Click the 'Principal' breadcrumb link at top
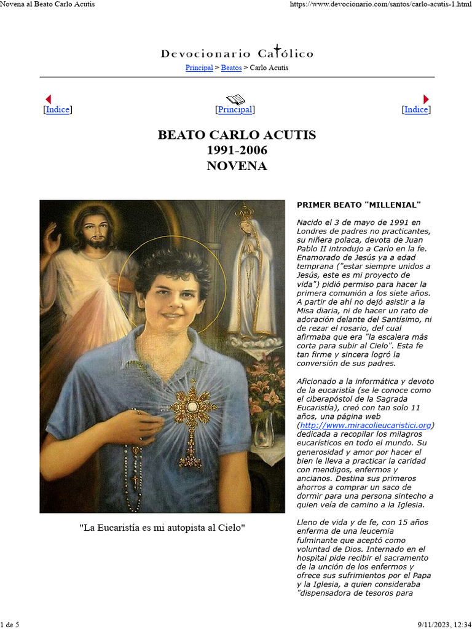click(x=199, y=68)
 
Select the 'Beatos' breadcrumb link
click(x=231, y=68)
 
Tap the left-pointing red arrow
click(x=49, y=99)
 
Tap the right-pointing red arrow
click(x=426, y=99)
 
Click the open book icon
click(x=235, y=99)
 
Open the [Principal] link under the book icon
click(x=235, y=110)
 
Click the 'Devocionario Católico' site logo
click(x=237, y=53)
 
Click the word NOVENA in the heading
click(x=237, y=166)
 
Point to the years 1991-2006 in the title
click(x=237, y=150)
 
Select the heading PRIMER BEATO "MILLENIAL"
click(x=358, y=205)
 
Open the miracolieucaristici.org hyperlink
click(x=366, y=425)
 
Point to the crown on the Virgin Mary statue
click(x=245, y=212)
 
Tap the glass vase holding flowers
click(x=264, y=430)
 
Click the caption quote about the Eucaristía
click(x=162, y=528)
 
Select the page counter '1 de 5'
click(x=10, y=625)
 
